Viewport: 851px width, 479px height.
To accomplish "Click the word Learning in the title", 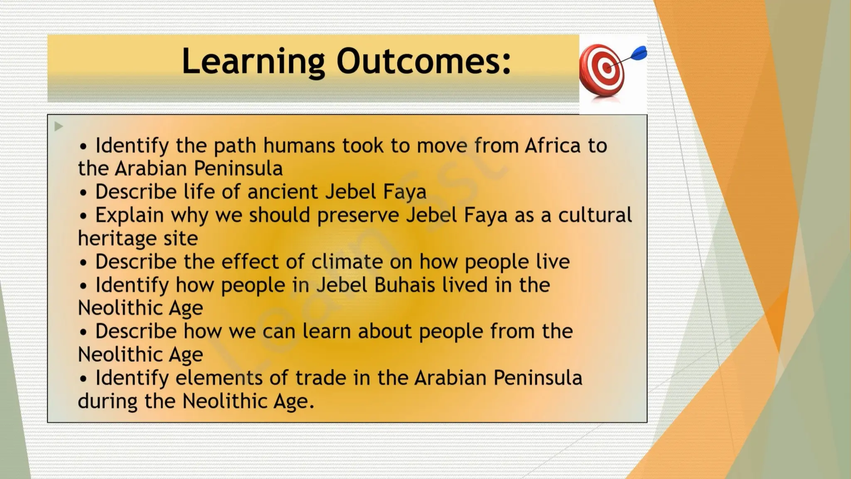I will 253,62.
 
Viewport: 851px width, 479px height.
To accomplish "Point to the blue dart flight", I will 639,53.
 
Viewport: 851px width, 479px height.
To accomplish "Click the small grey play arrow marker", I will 59,126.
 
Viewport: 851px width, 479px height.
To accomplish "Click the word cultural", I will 595,215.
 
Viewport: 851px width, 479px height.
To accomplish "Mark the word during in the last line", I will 107,401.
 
